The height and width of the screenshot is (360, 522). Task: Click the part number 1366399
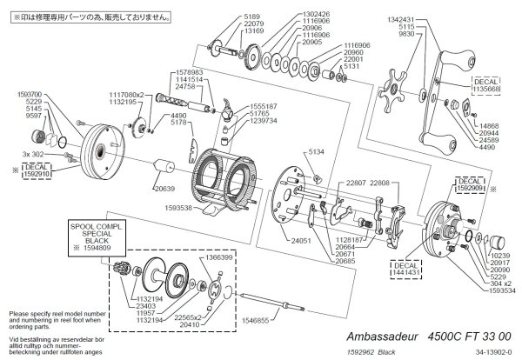pyautogui.click(x=217, y=257)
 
